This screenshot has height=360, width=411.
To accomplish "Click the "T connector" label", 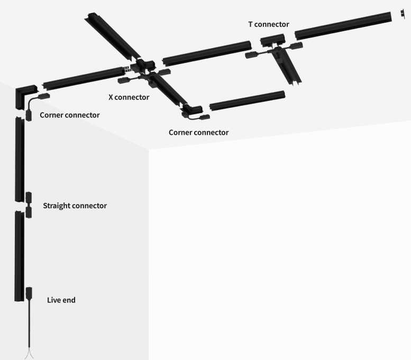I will pyautogui.click(x=269, y=24).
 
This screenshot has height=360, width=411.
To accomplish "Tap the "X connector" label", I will pyautogui.click(x=129, y=97).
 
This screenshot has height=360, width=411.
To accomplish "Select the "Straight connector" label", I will pyautogui.click(x=75, y=206).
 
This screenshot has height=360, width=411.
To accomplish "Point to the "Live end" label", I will pyautogui.click(x=61, y=300).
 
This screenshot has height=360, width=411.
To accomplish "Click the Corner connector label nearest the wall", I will pyautogui.click(x=70, y=115).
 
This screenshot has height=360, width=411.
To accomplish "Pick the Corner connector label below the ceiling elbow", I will pyautogui.click(x=198, y=132).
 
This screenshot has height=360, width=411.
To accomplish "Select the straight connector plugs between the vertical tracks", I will pyautogui.click(x=29, y=205).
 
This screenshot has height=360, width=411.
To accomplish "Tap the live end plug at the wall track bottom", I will pyautogui.click(x=29, y=293).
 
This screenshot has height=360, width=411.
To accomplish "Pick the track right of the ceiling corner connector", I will pyautogui.click(x=248, y=100).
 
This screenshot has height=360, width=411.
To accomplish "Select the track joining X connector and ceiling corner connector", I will pyautogui.click(x=169, y=91).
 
